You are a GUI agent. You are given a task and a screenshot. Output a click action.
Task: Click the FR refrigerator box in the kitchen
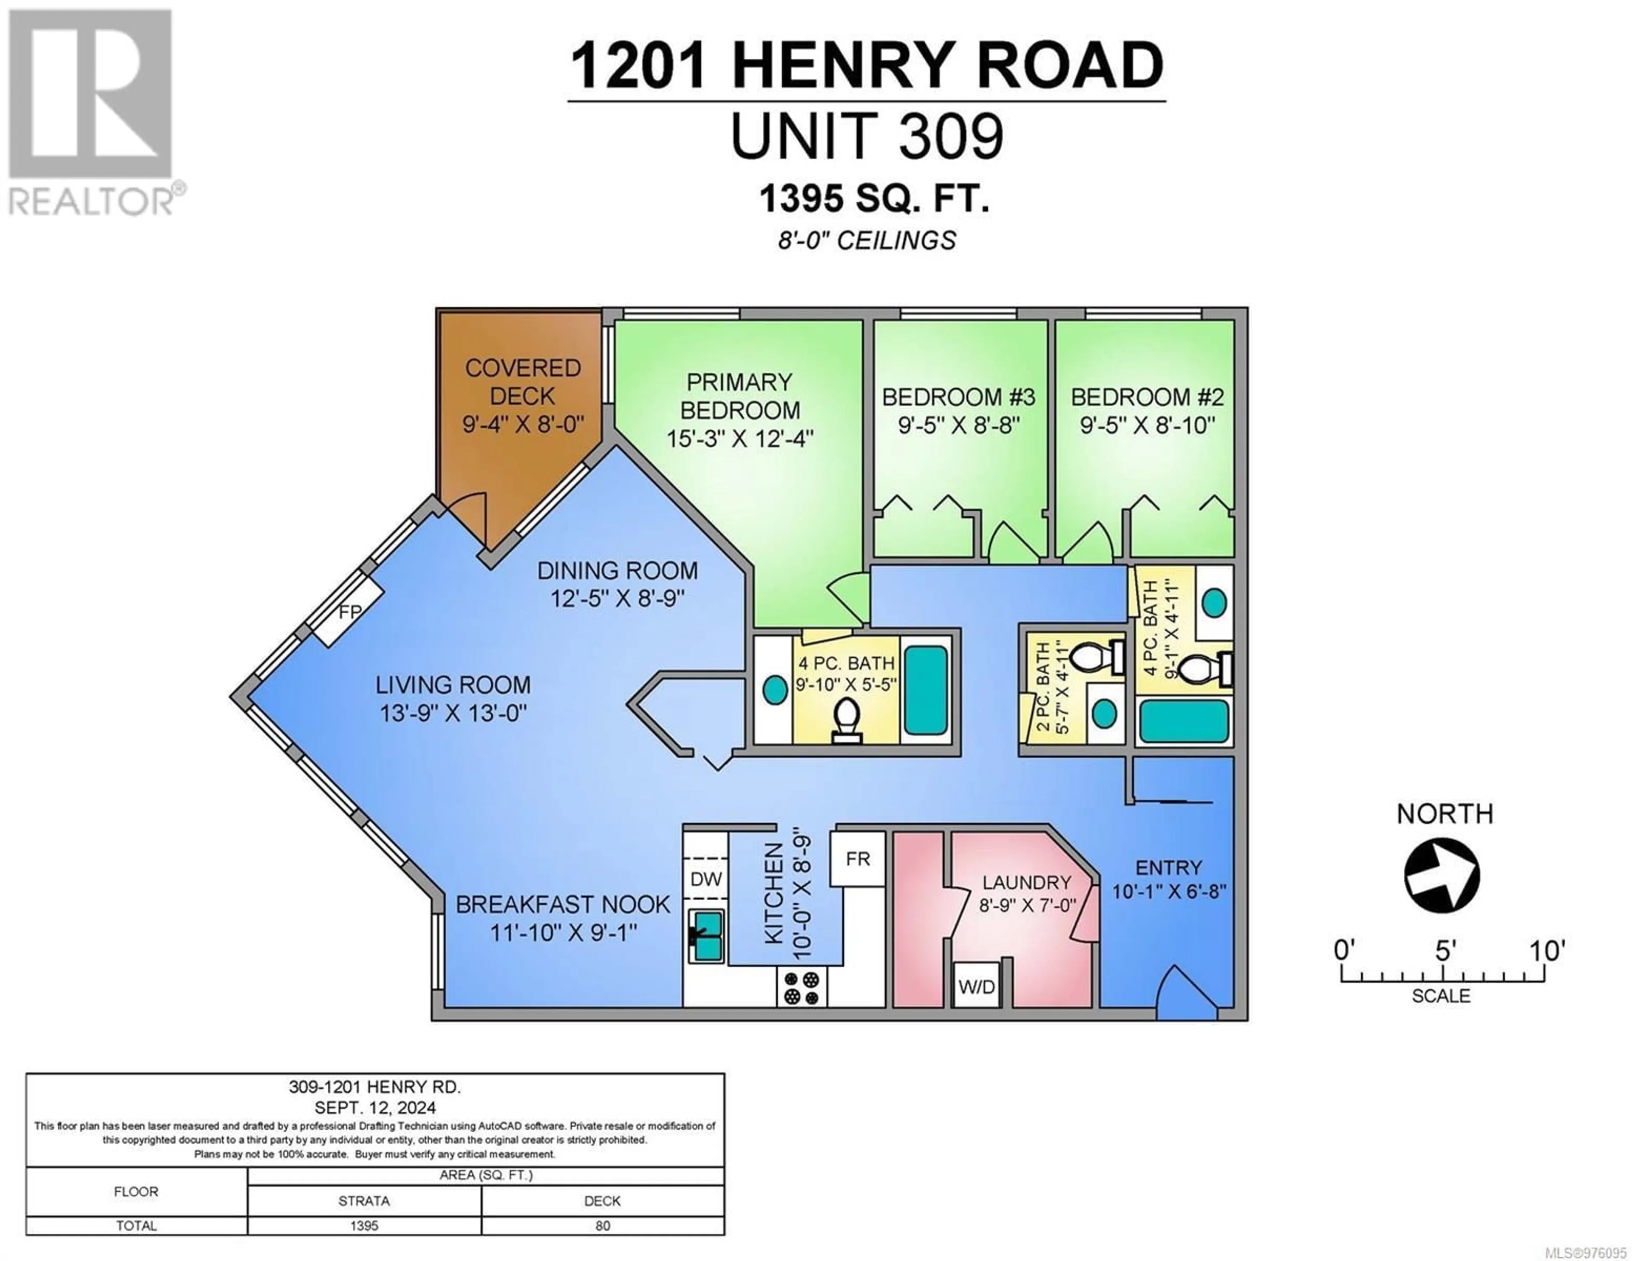coord(858,859)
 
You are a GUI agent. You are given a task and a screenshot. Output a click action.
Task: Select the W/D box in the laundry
coord(977,986)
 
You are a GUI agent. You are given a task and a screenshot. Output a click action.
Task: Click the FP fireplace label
coord(350,612)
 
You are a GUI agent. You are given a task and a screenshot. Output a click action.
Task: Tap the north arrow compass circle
coord(1442,874)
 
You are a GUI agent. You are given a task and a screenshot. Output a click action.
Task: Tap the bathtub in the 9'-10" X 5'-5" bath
coord(926,690)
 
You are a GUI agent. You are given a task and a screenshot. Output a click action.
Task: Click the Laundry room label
coord(1027,882)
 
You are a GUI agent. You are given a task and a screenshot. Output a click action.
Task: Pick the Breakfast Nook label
coord(563,904)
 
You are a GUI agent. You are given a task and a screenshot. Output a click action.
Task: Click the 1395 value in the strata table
coord(364,1226)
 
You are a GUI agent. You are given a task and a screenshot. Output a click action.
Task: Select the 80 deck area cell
coord(602,1226)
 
